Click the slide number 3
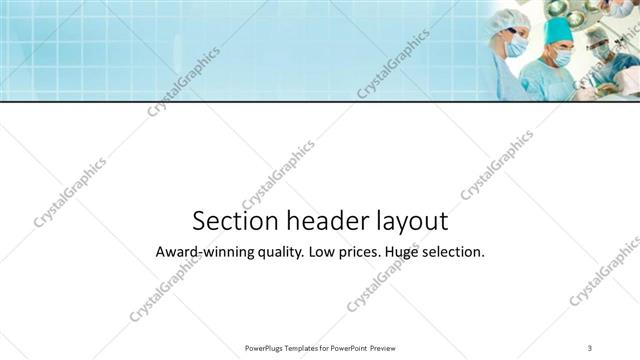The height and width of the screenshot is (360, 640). click(590, 347)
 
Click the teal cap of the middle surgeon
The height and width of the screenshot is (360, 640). click(558, 31)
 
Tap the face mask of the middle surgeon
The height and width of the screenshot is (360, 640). click(562, 58)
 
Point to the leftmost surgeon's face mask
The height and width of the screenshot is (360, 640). click(517, 47)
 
